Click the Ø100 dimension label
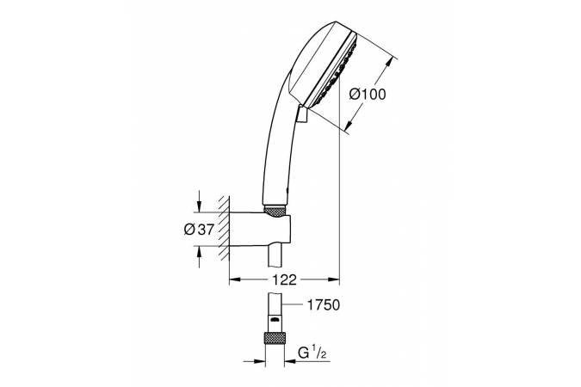pos(368,94)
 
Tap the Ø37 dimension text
pos(199,230)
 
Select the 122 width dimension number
pos(285,279)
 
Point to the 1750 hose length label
pos(323,304)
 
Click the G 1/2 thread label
pos(312,353)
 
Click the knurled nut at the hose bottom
pos(275,338)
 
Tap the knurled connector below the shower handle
pos(275,212)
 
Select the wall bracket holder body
pos(259,229)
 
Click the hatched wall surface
pos(224,228)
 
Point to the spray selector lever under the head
pos(301,113)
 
